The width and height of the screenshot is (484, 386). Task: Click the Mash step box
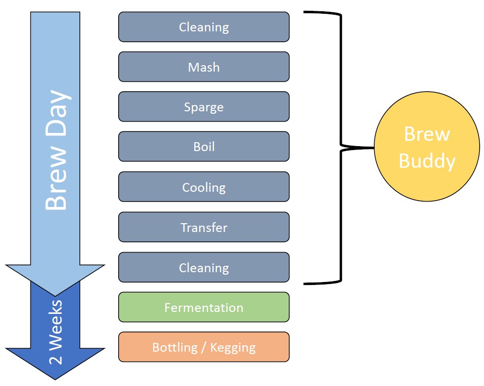pos(204,67)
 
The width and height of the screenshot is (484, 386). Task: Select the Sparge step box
pos(204,107)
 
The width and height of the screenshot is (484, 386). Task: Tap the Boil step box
pos(204,147)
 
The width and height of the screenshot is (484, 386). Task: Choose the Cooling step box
pos(204,187)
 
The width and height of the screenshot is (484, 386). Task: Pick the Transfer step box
pos(204,227)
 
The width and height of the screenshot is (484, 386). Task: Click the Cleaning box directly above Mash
pos(204,26)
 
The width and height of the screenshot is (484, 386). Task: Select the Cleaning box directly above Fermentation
pos(204,267)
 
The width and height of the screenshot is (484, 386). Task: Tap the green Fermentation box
pos(204,308)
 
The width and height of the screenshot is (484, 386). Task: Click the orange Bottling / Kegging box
pos(204,347)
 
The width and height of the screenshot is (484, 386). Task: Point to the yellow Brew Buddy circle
pos(427,147)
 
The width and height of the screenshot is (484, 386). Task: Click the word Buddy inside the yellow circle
pos(427,161)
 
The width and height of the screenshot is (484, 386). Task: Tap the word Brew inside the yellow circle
pos(427,134)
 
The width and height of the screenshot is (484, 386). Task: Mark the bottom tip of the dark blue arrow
pos(55,379)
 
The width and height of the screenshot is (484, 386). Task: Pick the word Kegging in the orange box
pos(233,348)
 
